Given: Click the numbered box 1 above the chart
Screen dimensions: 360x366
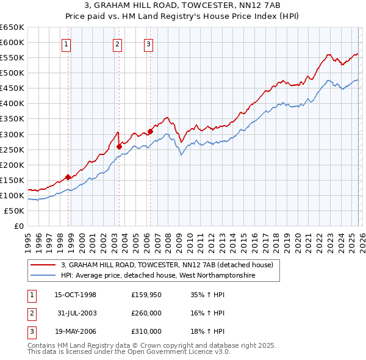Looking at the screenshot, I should [x=66, y=43].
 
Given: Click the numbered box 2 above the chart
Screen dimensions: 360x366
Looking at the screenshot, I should [x=117, y=43].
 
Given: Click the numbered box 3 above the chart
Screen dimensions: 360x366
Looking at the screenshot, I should [x=148, y=43].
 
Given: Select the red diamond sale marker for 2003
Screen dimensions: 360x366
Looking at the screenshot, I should [x=120, y=146].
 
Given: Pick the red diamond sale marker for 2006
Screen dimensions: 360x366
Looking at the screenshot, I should [x=150, y=131].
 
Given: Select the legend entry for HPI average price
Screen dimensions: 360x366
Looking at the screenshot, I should [x=157, y=276].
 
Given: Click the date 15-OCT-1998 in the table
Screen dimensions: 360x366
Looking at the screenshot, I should [x=75, y=295].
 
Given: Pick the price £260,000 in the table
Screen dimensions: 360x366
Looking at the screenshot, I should [x=146, y=313].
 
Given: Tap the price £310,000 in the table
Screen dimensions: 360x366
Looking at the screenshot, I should [x=146, y=331].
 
